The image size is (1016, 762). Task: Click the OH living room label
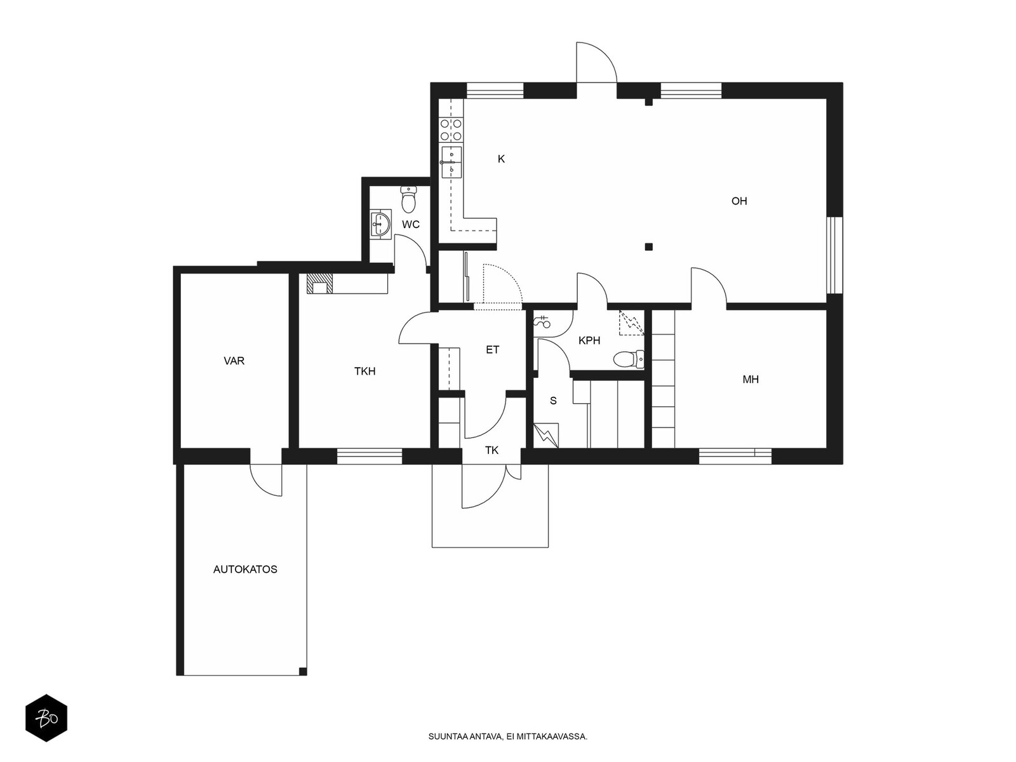coord(739,201)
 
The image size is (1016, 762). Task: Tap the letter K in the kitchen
coord(501,159)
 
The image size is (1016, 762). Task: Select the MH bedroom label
coord(751,379)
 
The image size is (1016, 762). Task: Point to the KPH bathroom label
coord(589,340)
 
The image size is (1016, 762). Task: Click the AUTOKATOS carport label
coord(245,569)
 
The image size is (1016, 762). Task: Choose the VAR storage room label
coord(234,361)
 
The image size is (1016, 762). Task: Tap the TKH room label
coord(364,371)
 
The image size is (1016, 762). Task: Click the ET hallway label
coord(493,350)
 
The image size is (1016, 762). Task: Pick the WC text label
coord(411,224)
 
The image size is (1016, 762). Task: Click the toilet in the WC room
coord(408,199)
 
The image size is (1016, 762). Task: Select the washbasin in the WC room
coord(381,224)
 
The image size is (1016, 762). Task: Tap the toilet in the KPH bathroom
coord(629,359)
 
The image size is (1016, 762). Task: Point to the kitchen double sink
coord(451,162)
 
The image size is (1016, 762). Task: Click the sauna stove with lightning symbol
coord(546,436)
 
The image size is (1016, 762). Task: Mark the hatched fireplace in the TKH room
coord(320,283)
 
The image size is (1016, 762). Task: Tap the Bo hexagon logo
coord(46,718)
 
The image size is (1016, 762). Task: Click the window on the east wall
coord(835,255)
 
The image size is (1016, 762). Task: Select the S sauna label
coord(553,401)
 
